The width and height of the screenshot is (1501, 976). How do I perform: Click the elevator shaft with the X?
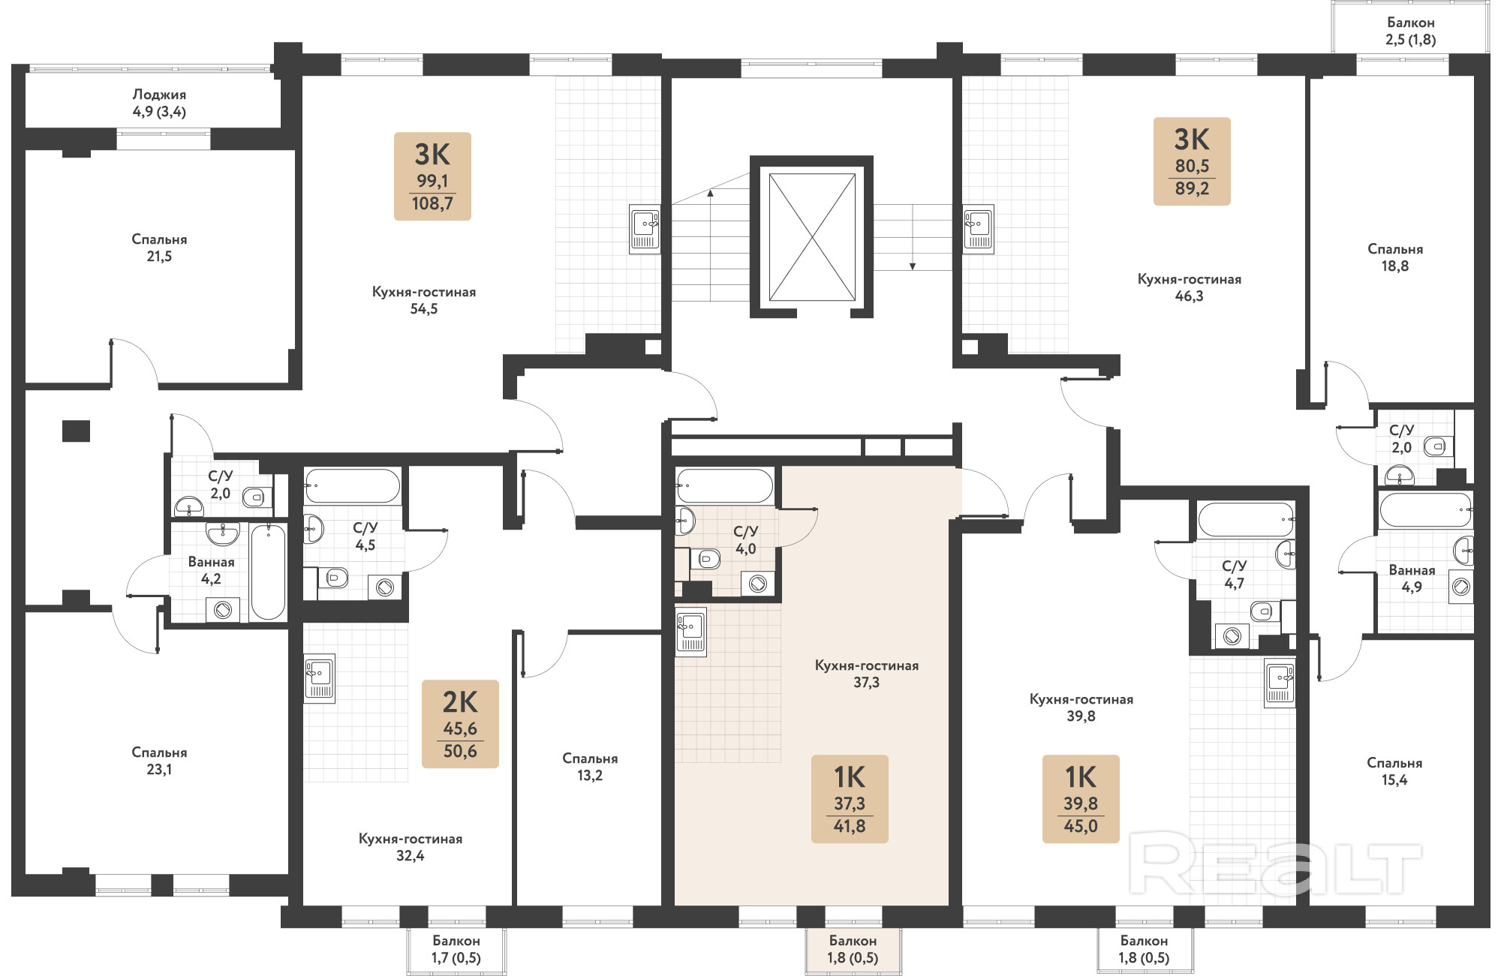[x=812, y=237]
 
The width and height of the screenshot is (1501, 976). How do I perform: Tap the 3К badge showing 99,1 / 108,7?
[x=432, y=176]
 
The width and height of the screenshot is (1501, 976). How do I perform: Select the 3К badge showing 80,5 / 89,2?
[x=1192, y=161]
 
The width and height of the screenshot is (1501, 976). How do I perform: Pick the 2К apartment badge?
[x=460, y=724]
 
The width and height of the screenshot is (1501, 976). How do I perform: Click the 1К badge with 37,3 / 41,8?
[x=850, y=799]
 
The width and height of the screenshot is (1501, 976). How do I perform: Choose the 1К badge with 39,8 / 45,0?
[x=1081, y=799]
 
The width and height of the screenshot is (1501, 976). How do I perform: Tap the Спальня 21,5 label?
[x=159, y=248]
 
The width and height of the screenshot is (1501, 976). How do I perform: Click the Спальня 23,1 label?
[x=159, y=761]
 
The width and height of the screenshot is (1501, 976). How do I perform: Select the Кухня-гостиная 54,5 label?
[x=424, y=300]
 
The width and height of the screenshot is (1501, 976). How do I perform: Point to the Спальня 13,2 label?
[x=590, y=767]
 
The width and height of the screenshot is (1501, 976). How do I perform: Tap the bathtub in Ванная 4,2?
[x=268, y=572]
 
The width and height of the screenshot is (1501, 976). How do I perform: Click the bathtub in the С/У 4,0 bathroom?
[x=724, y=485]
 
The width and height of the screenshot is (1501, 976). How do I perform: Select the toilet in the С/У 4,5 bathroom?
[x=335, y=578]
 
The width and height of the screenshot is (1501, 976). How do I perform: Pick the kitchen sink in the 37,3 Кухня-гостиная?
[x=691, y=632]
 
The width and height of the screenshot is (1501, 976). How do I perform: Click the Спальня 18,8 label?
[x=1395, y=257]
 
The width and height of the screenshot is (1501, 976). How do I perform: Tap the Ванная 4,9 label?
[x=1412, y=578]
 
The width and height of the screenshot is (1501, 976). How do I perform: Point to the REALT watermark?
[x=1275, y=868]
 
